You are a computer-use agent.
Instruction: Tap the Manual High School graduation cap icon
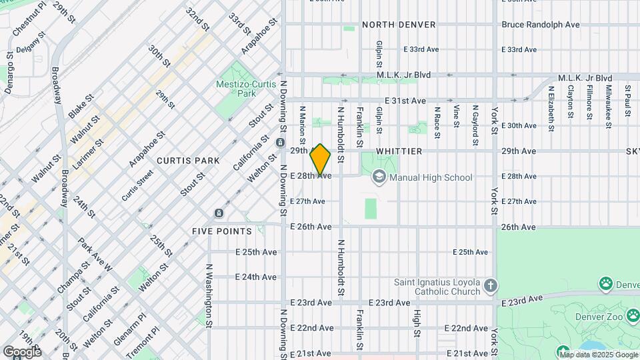(379, 177)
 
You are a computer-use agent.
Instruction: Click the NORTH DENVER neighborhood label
(399, 25)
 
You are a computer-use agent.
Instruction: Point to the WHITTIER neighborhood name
(399, 151)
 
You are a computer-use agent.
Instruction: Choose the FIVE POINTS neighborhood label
(222, 231)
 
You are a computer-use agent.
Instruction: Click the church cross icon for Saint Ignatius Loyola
(491, 286)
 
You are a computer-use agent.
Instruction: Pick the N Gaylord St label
(475, 115)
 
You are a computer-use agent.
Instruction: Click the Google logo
(22, 351)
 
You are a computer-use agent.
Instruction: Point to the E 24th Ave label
(256, 277)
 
